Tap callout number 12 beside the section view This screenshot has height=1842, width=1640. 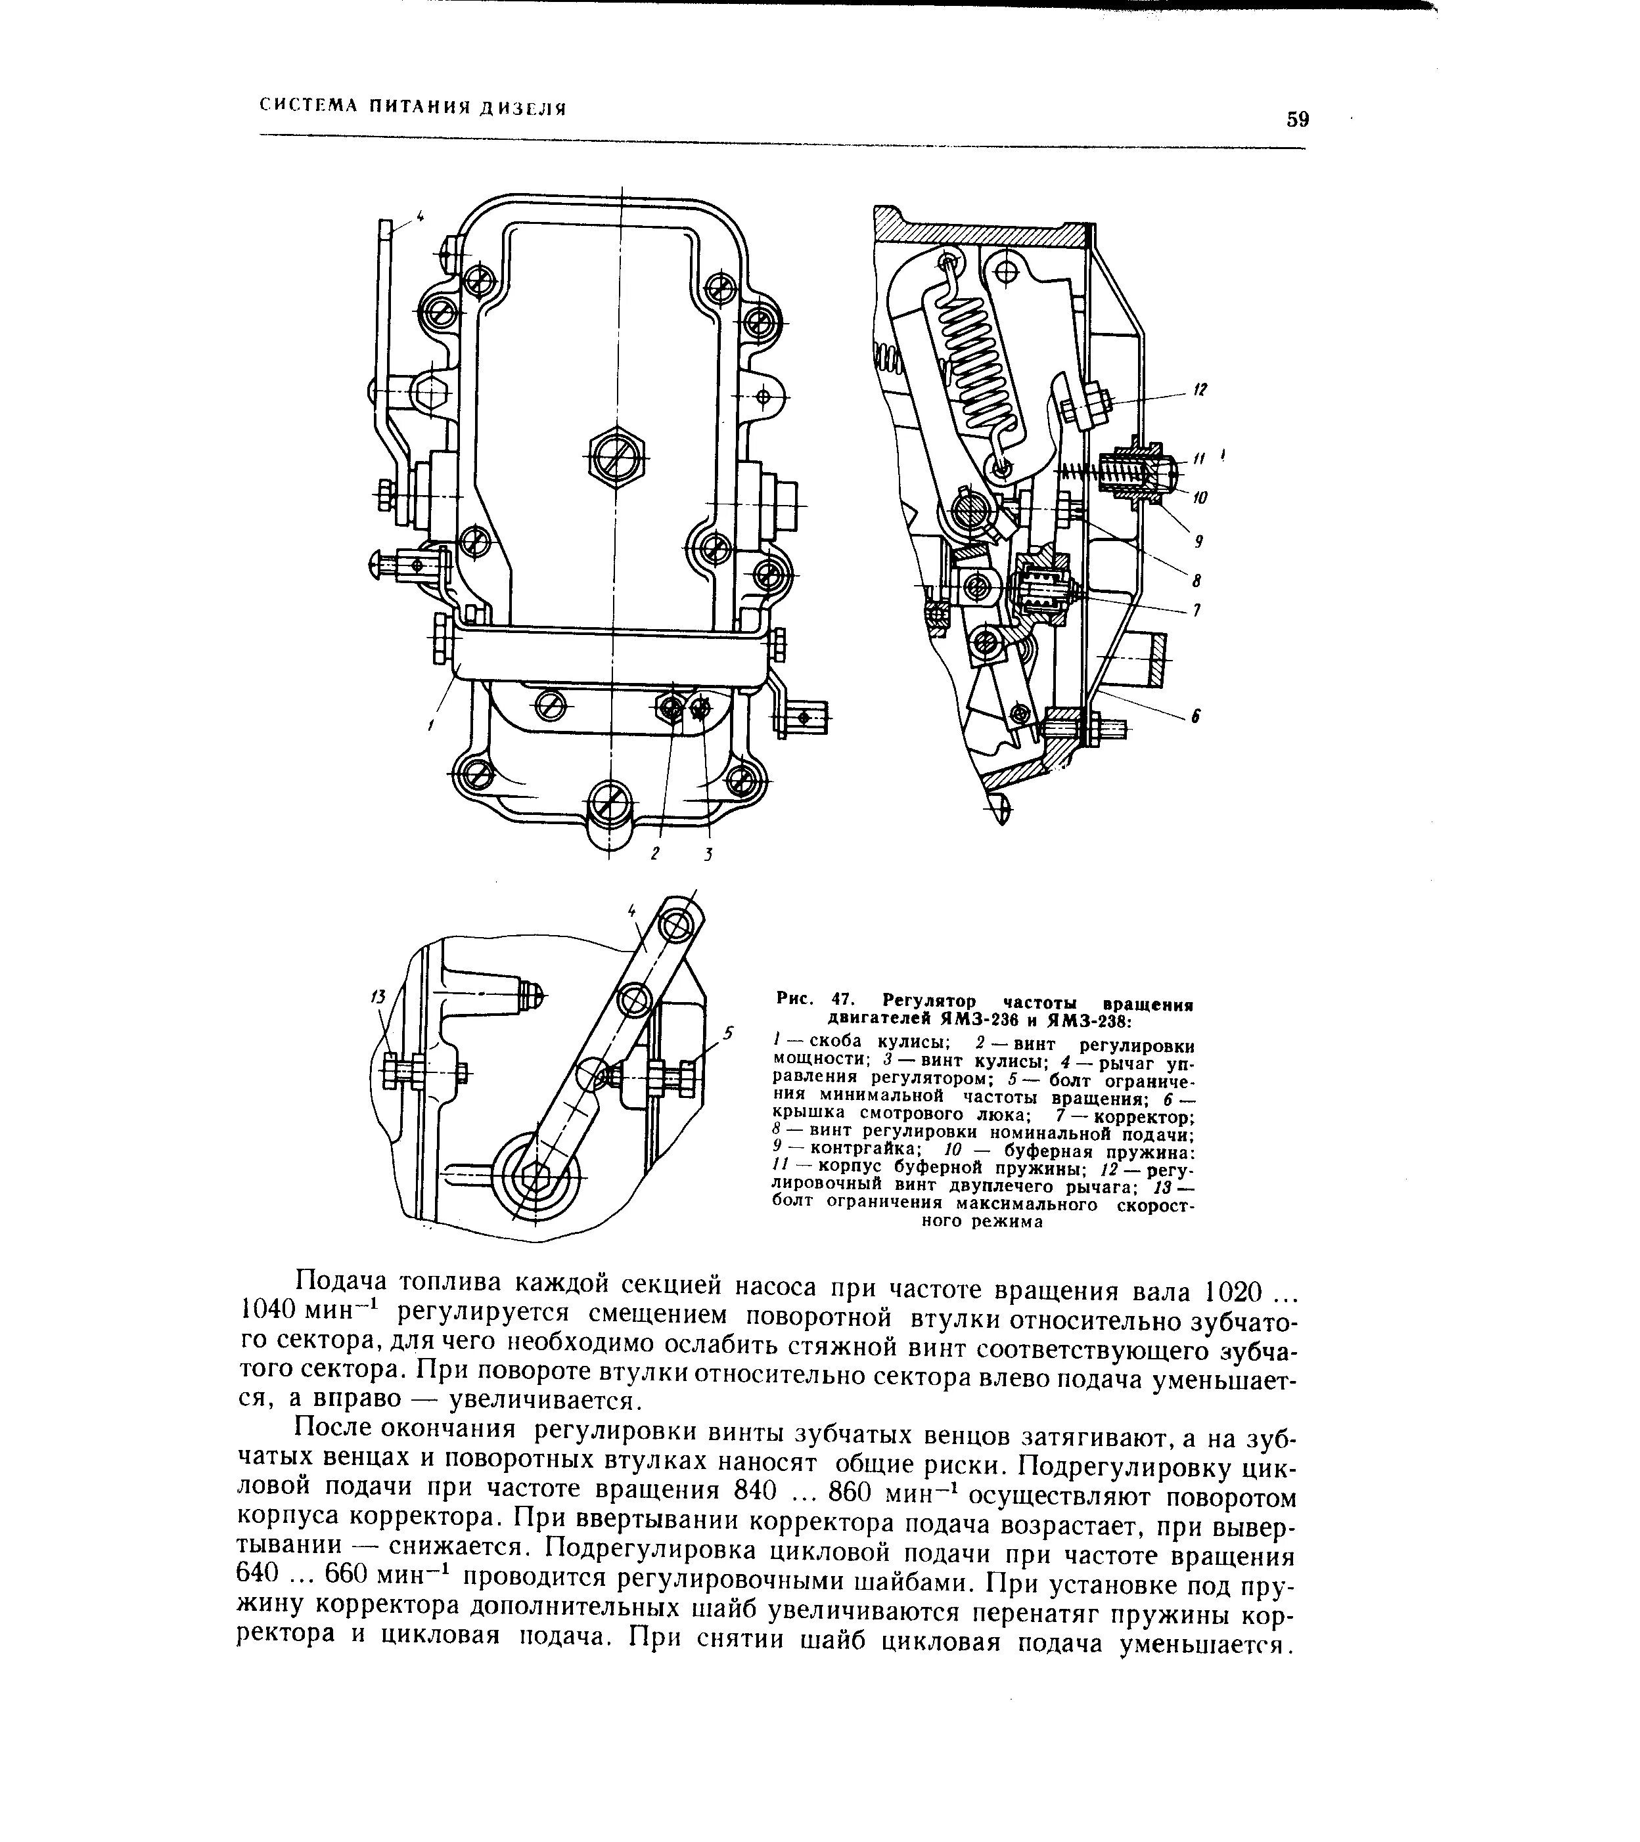(1200, 390)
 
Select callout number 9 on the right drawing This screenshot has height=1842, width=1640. (1199, 542)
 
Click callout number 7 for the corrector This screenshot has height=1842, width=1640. (1197, 611)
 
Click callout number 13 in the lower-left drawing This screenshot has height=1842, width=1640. (378, 997)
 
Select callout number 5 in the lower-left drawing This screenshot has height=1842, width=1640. (729, 1032)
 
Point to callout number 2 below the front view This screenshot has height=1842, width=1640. (656, 852)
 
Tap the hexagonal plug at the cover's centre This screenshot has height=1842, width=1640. (617, 460)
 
